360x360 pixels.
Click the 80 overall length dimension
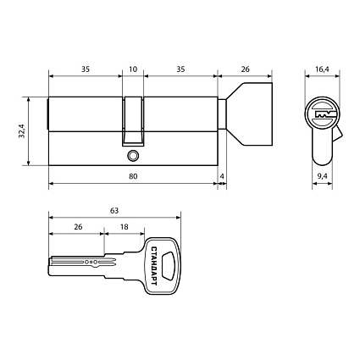pyautogui.click(x=133, y=175)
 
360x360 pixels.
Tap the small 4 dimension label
pyautogui.click(x=222, y=175)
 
